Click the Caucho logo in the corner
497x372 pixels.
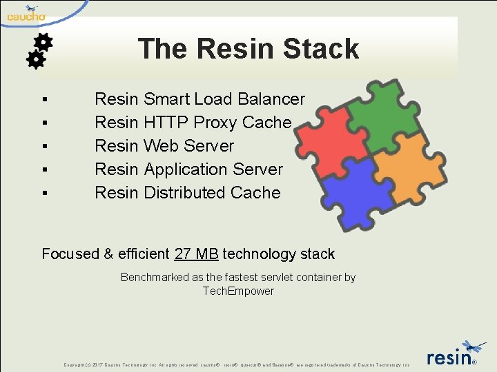(26, 13)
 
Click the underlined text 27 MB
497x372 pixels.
(197, 254)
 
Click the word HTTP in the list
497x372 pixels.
(166, 123)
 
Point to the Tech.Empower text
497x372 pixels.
(238, 291)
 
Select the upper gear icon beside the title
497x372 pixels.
(43, 42)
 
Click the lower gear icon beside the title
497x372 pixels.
(35, 60)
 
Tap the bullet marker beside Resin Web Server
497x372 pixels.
(44, 147)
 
